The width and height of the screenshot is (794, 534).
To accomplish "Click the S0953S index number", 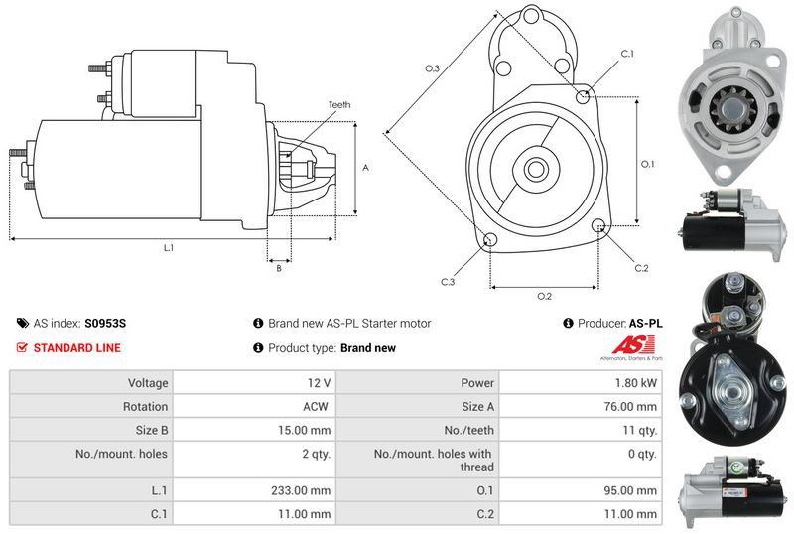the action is [105, 324].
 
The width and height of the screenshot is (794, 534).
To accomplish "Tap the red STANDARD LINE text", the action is [77, 348].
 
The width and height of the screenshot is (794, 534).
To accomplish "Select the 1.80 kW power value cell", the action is [636, 383].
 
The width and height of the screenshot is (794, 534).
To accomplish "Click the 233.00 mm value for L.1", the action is [301, 490].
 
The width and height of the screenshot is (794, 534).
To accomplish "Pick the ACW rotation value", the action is [316, 406].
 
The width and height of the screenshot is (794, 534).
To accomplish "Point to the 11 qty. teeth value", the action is [640, 430].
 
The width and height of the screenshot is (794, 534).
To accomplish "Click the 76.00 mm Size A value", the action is [630, 406].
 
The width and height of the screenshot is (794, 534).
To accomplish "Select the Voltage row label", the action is [148, 383].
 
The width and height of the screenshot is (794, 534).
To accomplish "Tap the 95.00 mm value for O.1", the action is [630, 490].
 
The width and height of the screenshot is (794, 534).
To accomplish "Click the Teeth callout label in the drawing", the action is [339, 105].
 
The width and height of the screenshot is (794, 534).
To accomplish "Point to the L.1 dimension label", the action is [169, 248].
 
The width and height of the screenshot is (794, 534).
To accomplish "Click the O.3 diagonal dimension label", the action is [432, 68].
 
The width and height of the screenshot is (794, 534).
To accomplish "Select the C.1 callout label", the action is [627, 54].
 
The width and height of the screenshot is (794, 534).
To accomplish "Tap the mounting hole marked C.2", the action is [598, 225].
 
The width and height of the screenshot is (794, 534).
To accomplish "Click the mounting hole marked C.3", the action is [490, 240].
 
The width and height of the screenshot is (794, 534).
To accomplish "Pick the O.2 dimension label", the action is [544, 297].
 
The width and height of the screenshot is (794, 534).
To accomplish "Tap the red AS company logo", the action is [633, 345].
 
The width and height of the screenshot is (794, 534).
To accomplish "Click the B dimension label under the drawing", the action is [279, 269].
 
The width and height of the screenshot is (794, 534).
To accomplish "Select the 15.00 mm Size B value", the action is [304, 430].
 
